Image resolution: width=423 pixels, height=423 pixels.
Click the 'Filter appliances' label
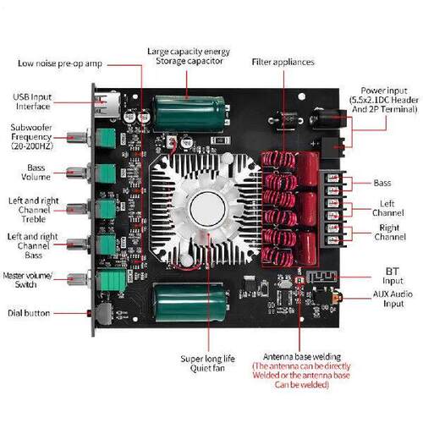(283, 62)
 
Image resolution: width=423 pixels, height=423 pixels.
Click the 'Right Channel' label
(388, 233)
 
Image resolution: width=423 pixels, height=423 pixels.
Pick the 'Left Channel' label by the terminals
(388, 208)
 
